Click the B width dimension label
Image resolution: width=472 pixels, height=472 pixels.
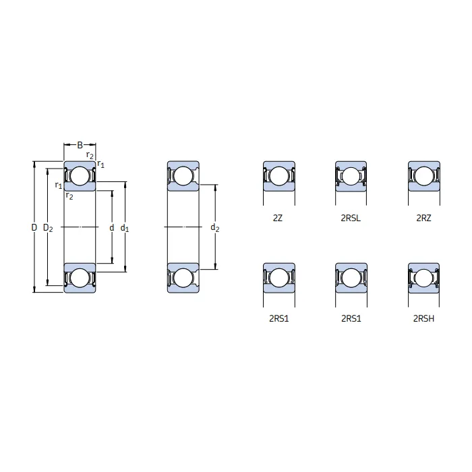pyautogui.click(x=80, y=145)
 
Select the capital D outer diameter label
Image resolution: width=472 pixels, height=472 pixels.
pyautogui.click(x=34, y=228)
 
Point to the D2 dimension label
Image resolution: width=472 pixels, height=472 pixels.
pyautogui.click(x=48, y=228)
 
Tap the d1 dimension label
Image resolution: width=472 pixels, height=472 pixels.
pyautogui.click(x=125, y=229)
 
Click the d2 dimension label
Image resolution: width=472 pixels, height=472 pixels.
pyautogui.click(x=215, y=229)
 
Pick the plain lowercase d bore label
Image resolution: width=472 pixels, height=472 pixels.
pyautogui.click(x=111, y=228)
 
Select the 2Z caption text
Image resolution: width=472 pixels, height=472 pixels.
pyautogui.click(x=278, y=218)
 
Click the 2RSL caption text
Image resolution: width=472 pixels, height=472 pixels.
pyautogui.click(x=351, y=218)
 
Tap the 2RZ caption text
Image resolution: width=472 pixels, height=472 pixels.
pyautogui.click(x=423, y=218)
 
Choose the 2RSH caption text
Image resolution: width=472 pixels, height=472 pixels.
pyautogui.click(x=423, y=318)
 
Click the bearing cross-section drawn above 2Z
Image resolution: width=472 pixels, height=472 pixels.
pyautogui.click(x=278, y=176)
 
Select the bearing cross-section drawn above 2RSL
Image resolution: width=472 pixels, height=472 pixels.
pyautogui.click(x=351, y=176)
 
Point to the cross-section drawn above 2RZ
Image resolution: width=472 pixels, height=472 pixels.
pyautogui.click(x=423, y=176)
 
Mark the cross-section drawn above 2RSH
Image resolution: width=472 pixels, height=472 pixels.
pyautogui.click(x=423, y=277)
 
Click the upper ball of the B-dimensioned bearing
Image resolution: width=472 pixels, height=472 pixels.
pyautogui.click(x=80, y=176)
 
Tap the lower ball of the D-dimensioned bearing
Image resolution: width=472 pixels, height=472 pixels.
pyautogui.click(x=80, y=278)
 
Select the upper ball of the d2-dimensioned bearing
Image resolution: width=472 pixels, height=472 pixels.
pyautogui.click(x=183, y=176)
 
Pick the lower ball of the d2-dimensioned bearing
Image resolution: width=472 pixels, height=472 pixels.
pyautogui.click(x=183, y=278)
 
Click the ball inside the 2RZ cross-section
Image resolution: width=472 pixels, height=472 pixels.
pyautogui.click(x=423, y=177)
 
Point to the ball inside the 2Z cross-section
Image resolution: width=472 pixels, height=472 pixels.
pyautogui.click(x=278, y=177)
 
